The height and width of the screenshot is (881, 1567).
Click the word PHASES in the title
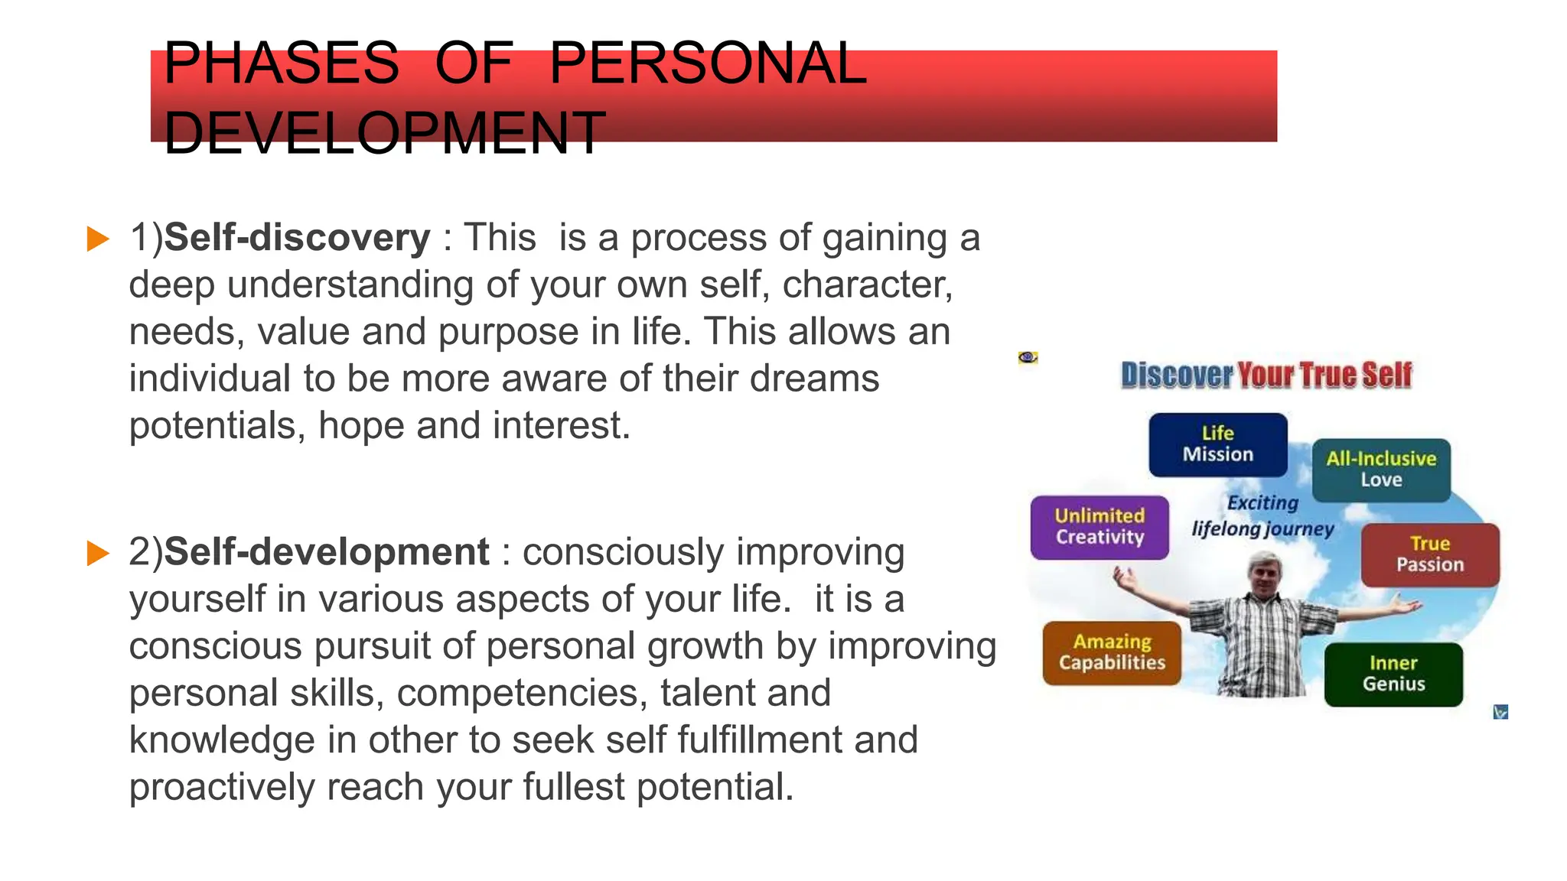pos(281,63)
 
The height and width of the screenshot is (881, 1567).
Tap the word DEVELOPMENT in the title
pos(384,133)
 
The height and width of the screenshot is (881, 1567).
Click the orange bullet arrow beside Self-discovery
pos(98,239)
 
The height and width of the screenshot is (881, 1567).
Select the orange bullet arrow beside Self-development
pos(98,553)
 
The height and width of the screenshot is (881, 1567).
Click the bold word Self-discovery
pos(298,237)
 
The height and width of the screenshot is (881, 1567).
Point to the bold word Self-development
pos(327,551)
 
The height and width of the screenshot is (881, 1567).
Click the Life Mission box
pos(1217,444)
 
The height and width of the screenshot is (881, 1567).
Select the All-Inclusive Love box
pos(1381,470)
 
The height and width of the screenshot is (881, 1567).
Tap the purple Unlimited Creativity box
pos(1100,527)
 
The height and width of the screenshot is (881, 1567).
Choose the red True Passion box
pos(1429,554)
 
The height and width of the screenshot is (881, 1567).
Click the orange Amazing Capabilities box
pos(1112,652)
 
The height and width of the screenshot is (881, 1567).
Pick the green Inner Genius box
pos(1393,674)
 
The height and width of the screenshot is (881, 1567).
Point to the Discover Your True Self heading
pos(1266,375)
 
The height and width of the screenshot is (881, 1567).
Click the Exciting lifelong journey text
pos(1262,516)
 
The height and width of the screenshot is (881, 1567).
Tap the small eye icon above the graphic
pos(1028,357)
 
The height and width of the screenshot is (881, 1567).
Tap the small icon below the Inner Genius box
pos(1500,712)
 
